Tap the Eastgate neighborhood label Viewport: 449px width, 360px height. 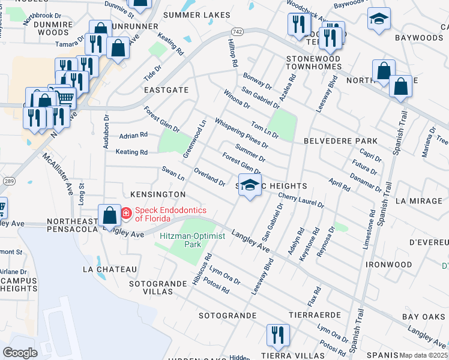pos(166,90)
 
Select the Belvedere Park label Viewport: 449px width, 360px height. pos(340,141)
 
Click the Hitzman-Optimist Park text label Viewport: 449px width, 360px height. pos(192,241)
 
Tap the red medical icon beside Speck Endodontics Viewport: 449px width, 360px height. pos(126,213)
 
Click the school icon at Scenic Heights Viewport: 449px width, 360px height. pos(250,185)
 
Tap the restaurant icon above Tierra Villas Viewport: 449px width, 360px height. pos(277,335)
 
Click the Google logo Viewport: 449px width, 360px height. pos(20,352)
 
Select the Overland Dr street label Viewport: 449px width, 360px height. pos(209,176)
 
